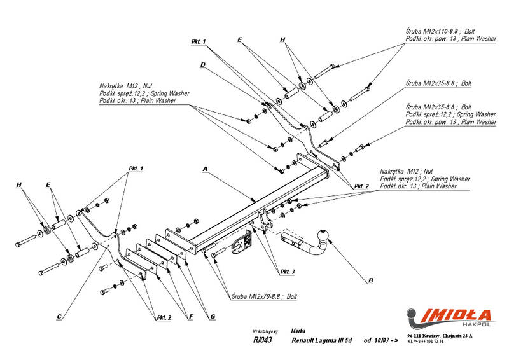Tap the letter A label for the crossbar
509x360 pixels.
point(205,169)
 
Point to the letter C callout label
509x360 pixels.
point(59,316)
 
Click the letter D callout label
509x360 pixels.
point(202,64)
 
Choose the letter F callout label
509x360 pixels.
point(189,317)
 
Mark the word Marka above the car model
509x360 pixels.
point(297,331)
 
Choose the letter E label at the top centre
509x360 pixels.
point(240,39)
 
